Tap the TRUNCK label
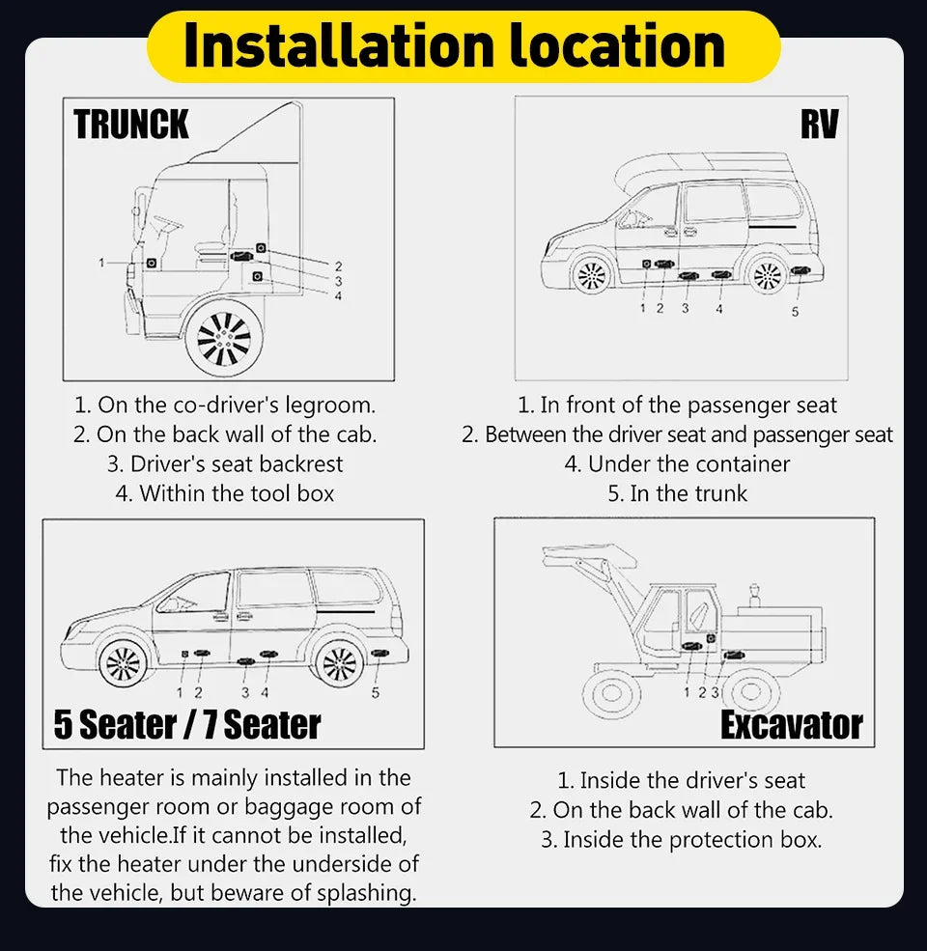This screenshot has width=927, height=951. click(x=131, y=126)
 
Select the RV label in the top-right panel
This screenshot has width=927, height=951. click(x=819, y=125)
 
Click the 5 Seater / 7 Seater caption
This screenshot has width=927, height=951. click(x=187, y=724)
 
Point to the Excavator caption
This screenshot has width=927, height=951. click(x=791, y=725)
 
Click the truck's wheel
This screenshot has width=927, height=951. click(x=224, y=338)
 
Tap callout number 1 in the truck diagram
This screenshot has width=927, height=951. click(x=100, y=262)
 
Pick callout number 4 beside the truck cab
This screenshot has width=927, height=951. click(x=338, y=295)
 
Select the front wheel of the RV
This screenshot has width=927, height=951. click(x=590, y=275)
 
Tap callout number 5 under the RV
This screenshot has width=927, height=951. click(x=795, y=312)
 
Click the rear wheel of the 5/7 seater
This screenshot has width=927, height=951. click(x=340, y=664)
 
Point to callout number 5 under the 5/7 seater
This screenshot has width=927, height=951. click(x=376, y=691)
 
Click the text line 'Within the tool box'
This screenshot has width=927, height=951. click(x=224, y=493)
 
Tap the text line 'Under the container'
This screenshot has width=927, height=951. click(x=677, y=464)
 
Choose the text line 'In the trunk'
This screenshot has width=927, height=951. click(x=677, y=493)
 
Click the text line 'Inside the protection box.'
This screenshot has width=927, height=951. click(x=681, y=840)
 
